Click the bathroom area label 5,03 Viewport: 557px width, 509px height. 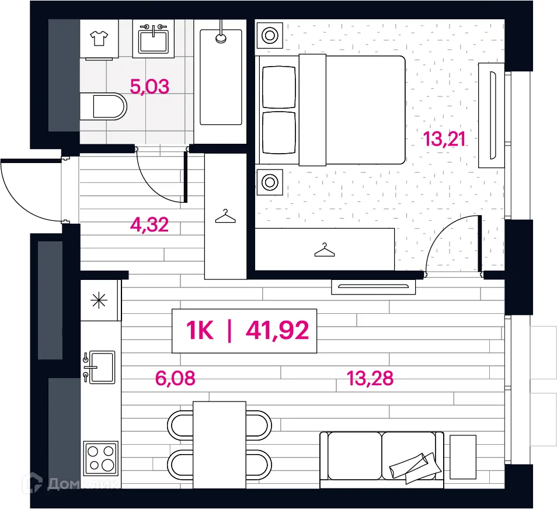click(149, 86)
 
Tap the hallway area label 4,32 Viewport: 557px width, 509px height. click(149, 224)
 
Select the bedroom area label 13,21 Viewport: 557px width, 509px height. click(444, 138)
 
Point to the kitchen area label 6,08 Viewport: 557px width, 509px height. click(175, 378)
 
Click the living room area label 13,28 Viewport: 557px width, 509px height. click(370, 378)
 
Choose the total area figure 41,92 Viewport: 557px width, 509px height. click(277, 331)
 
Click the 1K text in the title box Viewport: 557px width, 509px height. click(200, 331)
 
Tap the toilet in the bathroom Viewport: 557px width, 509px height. click(103, 106)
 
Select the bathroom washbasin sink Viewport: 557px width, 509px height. click(154, 39)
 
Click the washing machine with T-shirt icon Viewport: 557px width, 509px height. click(99, 39)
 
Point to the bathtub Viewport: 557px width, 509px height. click(221, 77)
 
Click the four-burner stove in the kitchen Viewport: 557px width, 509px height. click(101, 458)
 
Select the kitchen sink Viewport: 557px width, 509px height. click(100, 367)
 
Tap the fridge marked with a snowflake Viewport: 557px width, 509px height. click(99, 301)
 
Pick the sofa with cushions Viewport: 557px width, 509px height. click(381, 460)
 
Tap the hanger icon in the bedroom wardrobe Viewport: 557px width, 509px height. click(324, 250)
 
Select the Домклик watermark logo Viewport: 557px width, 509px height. click(71, 483)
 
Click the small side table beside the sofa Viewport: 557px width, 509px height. click(463, 456)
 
